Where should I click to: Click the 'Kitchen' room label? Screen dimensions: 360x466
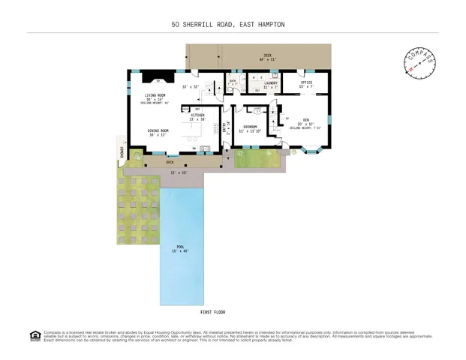197,115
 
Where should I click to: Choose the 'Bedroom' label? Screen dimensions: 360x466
250,128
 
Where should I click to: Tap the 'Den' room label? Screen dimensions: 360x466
306,120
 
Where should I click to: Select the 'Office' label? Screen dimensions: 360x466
306,82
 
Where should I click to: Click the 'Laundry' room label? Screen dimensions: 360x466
271,82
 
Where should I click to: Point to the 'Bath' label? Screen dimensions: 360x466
233,81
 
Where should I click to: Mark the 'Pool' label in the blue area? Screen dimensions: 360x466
180,247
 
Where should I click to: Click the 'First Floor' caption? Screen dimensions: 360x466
212,311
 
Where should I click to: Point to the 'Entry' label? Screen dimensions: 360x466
224,128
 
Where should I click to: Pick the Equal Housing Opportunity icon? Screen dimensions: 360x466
34,335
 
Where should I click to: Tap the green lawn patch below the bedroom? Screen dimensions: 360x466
255,158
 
